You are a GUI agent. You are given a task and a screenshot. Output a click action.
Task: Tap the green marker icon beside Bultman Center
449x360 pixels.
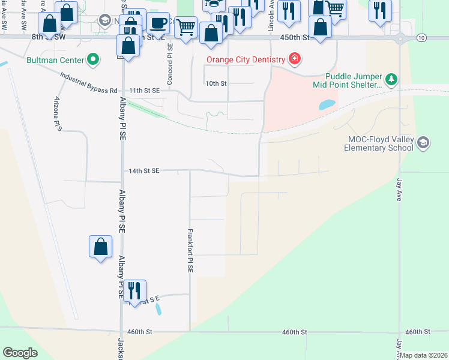coord(93,60)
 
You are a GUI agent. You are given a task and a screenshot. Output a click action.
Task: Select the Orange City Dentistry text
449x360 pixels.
coord(246,59)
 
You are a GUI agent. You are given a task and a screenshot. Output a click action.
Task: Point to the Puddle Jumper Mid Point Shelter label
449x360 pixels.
coord(353,80)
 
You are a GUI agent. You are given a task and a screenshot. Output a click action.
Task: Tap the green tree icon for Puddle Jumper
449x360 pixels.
coord(391,79)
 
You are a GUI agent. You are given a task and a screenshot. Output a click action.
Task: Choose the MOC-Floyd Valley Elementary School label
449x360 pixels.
coord(381,143)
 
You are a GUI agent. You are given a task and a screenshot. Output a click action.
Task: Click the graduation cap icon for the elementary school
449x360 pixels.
coord(423,143)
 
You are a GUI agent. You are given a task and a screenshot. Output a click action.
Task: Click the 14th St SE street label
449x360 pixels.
coord(143,171)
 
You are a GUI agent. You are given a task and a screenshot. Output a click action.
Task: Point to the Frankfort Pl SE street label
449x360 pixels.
coord(190,250)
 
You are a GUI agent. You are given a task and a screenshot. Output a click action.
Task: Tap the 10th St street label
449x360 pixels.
coord(216,83)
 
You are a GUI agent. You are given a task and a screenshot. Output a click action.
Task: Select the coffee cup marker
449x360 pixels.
coord(158,23)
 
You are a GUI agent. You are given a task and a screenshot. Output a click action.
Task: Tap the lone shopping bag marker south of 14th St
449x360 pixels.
coord(100,246)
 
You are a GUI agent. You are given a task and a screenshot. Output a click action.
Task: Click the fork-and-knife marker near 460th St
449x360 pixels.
coord(134,291)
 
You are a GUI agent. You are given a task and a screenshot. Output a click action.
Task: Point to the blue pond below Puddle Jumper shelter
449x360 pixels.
coord(327,104)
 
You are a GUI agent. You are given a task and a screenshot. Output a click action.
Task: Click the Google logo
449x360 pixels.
coord(20,353)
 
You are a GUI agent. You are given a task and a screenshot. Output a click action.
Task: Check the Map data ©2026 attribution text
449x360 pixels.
coord(424,355)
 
